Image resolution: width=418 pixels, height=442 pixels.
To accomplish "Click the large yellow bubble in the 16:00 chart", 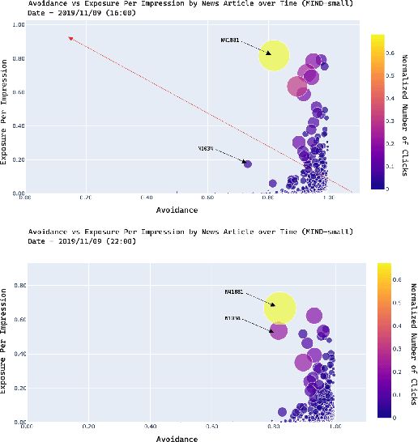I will click(x=274, y=56).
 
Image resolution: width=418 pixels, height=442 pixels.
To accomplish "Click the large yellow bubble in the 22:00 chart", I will click(x=279, y=308).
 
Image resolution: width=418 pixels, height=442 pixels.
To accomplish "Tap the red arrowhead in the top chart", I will click(x=71, y=38).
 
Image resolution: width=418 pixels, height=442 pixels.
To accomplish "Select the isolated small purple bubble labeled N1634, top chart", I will click(x=248, y=164).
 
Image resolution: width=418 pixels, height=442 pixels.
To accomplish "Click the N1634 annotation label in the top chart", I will click(x=206, y=149).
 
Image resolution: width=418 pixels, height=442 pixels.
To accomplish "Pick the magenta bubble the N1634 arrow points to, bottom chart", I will click(x=278, y=330).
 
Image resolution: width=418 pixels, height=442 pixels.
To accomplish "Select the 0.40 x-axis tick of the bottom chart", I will click(x=150, y=426).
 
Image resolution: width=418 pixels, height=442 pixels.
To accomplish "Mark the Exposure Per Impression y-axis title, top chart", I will click(x=5, y=109).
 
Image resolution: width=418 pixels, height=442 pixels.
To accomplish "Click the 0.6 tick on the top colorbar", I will click(x=392, y=53).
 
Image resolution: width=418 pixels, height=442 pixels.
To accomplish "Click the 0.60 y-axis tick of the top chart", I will click(x=16, y=92).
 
